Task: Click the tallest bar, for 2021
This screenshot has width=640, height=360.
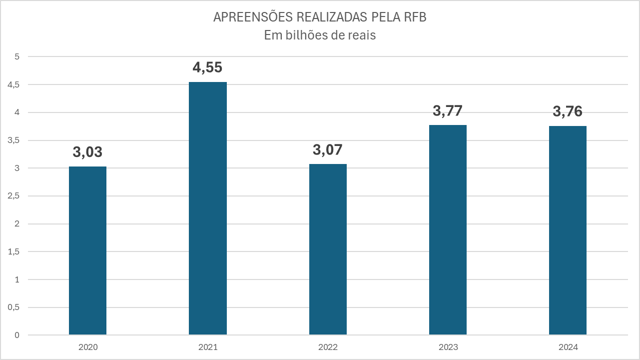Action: coord(207,208)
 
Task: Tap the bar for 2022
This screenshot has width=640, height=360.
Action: coord(328,249)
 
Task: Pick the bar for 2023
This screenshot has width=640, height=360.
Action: coord(448,229)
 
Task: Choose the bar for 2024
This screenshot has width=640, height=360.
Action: coord(568,230)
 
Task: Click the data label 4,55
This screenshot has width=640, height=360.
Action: coord(207,67)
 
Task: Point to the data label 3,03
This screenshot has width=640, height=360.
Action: coord(87,152)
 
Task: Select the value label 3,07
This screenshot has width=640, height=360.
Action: coord(328,149)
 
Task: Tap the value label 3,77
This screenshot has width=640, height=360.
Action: coord(448,110)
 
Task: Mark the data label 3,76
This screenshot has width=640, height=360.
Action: coord(568,111)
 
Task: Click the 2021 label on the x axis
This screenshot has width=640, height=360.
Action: coord(207,347)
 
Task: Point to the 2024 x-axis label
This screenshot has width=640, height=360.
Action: coord(568,347)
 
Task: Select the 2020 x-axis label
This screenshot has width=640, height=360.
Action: coord(87,347)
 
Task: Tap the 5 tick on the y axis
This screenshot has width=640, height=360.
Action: coord(16,57)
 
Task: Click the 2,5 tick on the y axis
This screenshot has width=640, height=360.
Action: coord(13,196)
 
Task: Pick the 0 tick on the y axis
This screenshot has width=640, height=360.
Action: coord(16,335)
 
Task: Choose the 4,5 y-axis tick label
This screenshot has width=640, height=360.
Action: coord(13,85)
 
